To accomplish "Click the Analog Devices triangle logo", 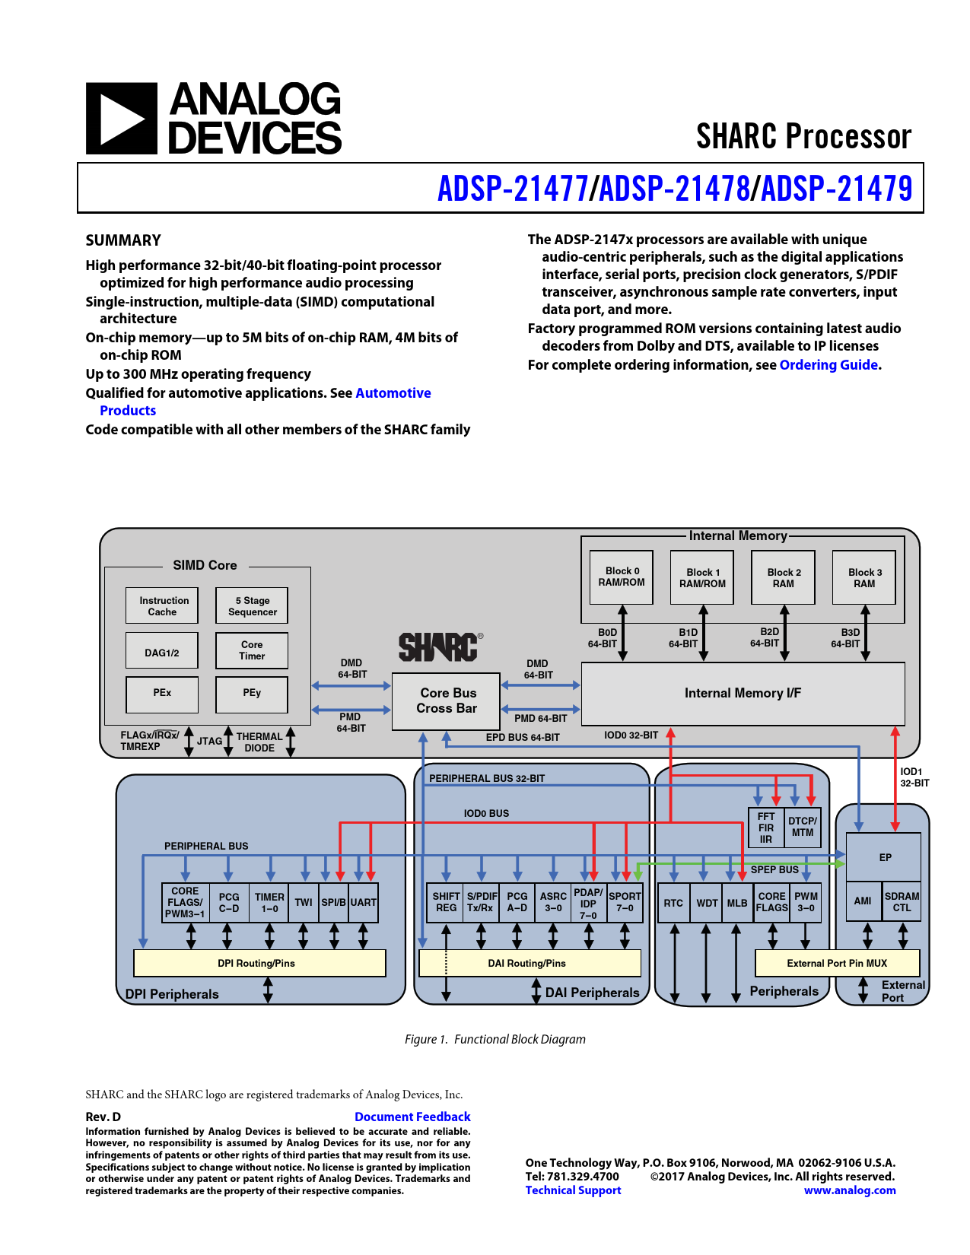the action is click(x=121, y=119).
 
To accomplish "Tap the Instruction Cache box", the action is click(x=162, y=606).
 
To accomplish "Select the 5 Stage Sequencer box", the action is click(x=252, y=606).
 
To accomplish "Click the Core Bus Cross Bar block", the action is click(x=446, y=701).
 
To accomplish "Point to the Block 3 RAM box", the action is click(x=863, y=577).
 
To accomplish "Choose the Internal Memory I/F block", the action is click(x=743, y=694).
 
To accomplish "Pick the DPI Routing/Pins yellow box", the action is click(x=259, y=963).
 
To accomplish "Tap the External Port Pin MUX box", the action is click(x=837, y=963).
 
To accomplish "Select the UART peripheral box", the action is click(x=364, y=902).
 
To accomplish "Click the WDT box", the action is click(x=707, y=903).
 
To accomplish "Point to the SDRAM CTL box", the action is click(x=902, y=901).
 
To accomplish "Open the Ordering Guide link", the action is click(x=828, y=365).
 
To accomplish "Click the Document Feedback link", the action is click(x=412, y=1117).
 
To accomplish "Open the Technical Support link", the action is click(x=573, y=1190).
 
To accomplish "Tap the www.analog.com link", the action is click(x=850, y=1190).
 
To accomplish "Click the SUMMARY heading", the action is click(x=123, y=240).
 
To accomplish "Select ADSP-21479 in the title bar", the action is click(x=837, y=189).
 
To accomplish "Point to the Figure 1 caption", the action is click(x=495, y=1039).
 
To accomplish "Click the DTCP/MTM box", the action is click(x=803, y=827).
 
